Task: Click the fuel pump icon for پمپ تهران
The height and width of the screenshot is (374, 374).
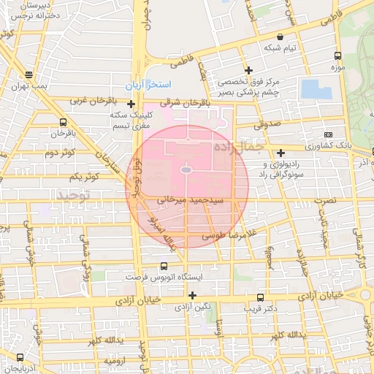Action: point(28,75)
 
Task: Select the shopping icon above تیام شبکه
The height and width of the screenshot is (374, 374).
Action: point(280,36)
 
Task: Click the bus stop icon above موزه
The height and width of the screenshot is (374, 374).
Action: point(337,56)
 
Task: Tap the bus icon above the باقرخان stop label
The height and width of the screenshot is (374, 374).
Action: point(63,122)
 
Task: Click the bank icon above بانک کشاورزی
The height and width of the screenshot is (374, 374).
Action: point(327,135)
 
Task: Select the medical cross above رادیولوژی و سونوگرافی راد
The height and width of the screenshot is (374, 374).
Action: point(281,153)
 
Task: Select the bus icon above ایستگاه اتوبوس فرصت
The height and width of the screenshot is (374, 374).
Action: point(164,267)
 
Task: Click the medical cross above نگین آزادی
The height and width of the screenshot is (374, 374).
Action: point(192,295)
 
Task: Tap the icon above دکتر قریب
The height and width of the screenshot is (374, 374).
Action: point(260,297)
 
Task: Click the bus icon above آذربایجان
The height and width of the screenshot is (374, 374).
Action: point(20,358)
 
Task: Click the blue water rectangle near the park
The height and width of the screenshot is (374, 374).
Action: point(315,89)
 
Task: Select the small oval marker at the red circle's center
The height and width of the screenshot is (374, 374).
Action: point(186,170)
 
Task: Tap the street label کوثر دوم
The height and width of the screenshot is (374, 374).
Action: point(60,153)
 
